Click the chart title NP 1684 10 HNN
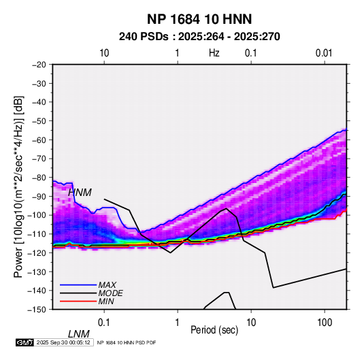click(x=199, y=19)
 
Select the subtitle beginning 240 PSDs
click(x=199, y=37)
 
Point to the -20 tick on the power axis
click(x=39, y=65)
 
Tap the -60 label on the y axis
click(x=39, y=140)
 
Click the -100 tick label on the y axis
click(x=37, y=215)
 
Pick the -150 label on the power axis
click(x=37, y=310)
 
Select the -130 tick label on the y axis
click(x=37, y=272)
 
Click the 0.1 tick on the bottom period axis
click(x=104, y=323)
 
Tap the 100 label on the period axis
click(x=325, y=323)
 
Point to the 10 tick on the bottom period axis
click(x=251, y=323)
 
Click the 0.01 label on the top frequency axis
click(x=324, y=53)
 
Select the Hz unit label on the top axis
click(x=214, y=53)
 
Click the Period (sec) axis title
click(x=214, y=330)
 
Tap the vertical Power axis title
click(x=18, y=186)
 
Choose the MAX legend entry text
click(x=107, y=285)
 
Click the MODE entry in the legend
click(x=110, y=293)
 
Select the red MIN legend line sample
click(x=78, y=301)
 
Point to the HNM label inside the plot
click(x=80, y=193)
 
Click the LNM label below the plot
click(x=79, y=334)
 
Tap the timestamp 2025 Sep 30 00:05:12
click(x=63, y=342)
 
